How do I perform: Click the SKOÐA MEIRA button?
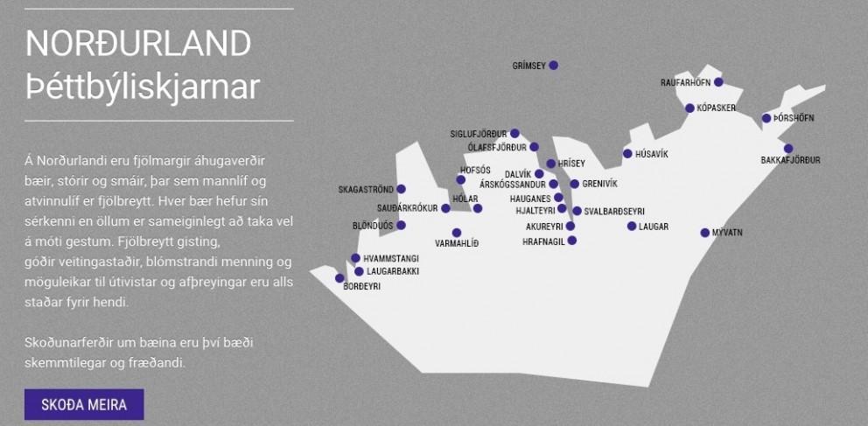84,404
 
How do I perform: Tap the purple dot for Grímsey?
553,66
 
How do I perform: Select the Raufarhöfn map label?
685,82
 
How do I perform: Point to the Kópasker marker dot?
689,108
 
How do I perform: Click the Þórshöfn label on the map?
794,118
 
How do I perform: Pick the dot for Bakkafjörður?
788,149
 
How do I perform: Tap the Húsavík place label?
652,154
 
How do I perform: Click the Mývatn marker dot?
704,233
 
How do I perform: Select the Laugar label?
654,227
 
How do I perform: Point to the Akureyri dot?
570,226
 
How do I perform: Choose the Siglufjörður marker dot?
514,133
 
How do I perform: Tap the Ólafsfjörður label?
498,147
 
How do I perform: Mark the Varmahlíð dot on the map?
457,233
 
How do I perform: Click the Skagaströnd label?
366,190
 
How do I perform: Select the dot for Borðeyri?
339,277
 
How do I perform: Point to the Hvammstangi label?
391,258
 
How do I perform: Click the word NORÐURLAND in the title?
138,43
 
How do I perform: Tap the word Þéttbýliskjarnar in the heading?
143,87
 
